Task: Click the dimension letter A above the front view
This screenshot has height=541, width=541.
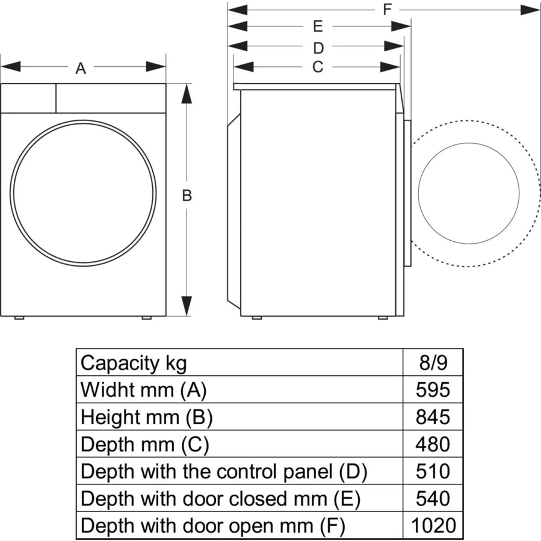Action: coord(81,69)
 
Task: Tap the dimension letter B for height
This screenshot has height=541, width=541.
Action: coord(187,196)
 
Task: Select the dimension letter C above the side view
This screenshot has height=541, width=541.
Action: coord(318,67)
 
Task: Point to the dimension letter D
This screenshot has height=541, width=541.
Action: coord(318,48)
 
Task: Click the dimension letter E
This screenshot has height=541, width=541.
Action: coord(318,26)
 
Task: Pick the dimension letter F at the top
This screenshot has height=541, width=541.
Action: coord(387,9)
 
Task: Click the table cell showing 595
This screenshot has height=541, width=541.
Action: coord(433,390)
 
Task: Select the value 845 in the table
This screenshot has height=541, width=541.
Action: coord(433,417)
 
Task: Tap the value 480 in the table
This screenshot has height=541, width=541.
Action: coord(433,444)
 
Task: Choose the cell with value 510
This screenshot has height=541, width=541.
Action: coord(433,471)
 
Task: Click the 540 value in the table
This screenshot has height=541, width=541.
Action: coord(433,498)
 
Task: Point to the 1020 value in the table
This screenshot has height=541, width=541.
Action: coord(433,525)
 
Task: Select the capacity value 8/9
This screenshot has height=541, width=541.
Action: coord(433,363)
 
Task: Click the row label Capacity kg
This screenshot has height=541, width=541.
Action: coord(134,364)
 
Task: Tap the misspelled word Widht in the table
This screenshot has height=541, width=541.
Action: coord(103,390)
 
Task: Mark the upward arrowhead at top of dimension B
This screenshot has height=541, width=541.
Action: coord(187,94)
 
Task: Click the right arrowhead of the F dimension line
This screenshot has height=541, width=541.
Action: coord(530,10)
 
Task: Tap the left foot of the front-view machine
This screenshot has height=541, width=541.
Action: coord(19,318)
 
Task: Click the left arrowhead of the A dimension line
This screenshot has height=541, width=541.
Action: coord(11,67)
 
